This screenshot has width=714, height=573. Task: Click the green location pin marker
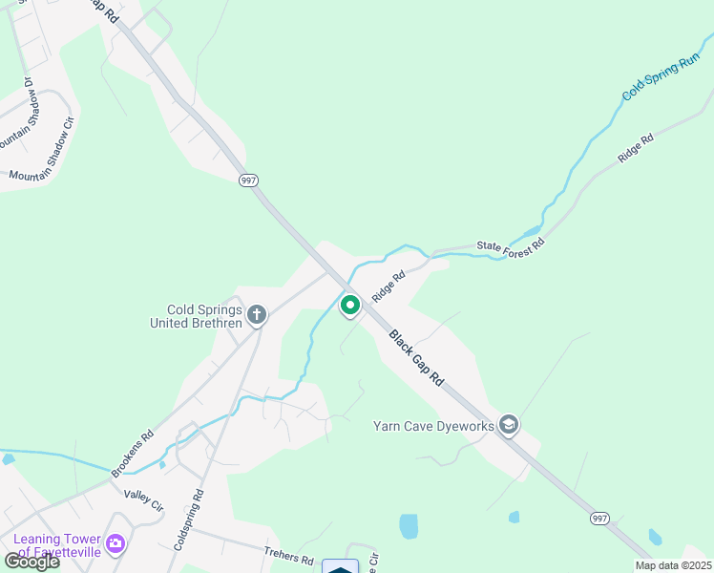[x=349, y=306]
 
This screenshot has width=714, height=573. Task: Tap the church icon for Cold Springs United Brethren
[x=256, y=314]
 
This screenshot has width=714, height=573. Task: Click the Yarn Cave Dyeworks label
[x=433, y=425]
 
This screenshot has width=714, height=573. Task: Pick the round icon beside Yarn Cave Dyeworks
[x=509, y=425]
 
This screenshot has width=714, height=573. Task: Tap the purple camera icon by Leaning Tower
[x=115, y=544]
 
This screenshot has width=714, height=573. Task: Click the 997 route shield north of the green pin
[x=249, y=180]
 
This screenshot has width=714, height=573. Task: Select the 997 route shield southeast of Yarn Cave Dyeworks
[x=599, y=518]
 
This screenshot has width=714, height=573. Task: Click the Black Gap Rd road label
[x=416, y=358]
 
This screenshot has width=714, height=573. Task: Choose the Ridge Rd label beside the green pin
[x=388, y=286]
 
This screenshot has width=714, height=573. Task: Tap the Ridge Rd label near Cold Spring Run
[x=635, y=148]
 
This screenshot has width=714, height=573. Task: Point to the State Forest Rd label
[x=510, y=245]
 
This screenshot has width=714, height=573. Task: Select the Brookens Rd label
[x=132, y=455]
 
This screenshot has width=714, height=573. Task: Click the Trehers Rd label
[x=289, y=556]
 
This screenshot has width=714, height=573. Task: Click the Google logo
[x=31, y=562]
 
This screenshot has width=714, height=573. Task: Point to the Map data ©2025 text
[x=672, y=565]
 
